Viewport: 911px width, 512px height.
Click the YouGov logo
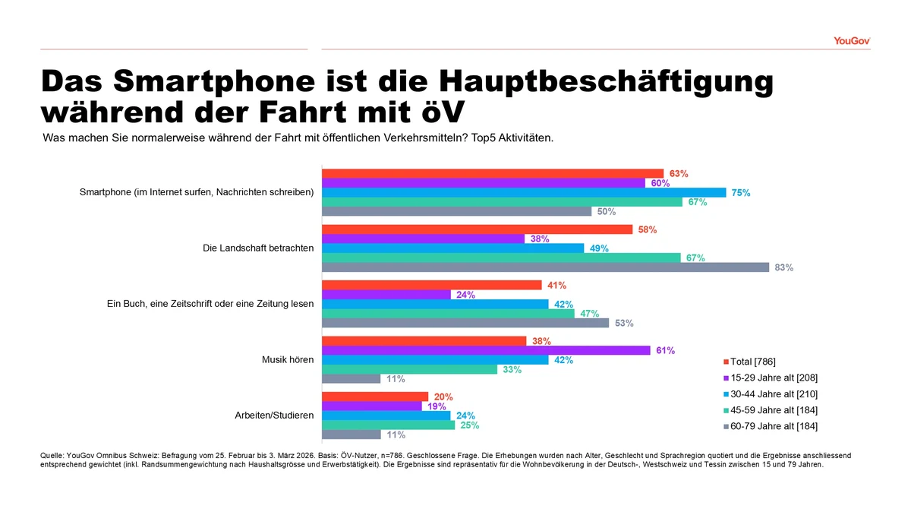[x=851, y=40]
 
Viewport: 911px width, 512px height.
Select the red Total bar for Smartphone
[x=493, y=173]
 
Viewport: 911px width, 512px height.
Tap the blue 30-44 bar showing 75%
[x=524, y=192]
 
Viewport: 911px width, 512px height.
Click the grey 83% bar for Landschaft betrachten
[x=547, y=267]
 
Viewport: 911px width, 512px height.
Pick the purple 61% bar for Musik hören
[x=486, y=350]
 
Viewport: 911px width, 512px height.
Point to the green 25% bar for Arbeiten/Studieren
[x=389, y=425]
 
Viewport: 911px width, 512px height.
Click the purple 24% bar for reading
[x=386, y=295]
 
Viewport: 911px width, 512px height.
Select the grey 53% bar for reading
[x=465, y=323]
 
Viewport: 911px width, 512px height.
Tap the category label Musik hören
[x=288, y=359]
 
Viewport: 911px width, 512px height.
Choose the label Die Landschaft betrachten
[x=258, y=248]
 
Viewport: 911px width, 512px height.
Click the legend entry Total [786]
[x=752, y=361]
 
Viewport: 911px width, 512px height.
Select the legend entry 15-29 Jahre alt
[x=774, y=378]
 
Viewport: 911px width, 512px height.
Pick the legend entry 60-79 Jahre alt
[x=774, y=426]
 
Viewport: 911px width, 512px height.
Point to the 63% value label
[x=679, y=174]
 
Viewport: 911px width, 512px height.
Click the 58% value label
[x=648, y=229]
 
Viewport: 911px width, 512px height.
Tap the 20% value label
[x=443, y=397]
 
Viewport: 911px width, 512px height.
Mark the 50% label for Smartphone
[x=607, y=212]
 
